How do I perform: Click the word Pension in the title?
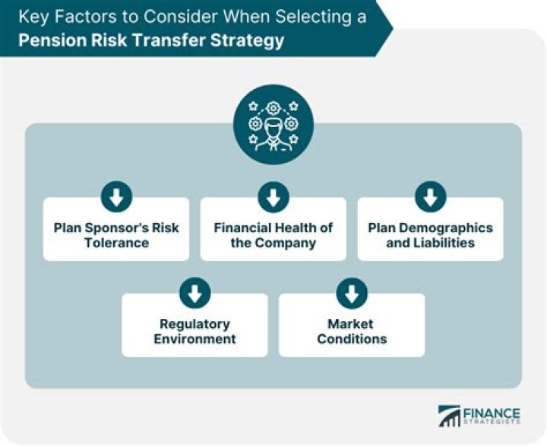click(x=50, y=40)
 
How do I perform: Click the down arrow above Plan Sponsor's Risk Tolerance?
click(x=116, y=198)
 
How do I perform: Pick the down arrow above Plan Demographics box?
click(x=430, y=198)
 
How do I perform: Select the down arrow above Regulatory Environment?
click(x=195, y=293)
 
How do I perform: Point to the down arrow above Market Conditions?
click(x=352, y=293)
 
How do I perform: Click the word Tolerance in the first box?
click(x=116, y=243)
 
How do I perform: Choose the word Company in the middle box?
click(x=288, y=243)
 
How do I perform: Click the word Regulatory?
click(x=195, y=323)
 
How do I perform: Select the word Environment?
click(x=195, y=339)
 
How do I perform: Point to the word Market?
click(x=352, y=323)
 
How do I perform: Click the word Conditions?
click(x=352, y=339)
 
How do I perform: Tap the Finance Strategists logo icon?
click(x=450, y=415)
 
